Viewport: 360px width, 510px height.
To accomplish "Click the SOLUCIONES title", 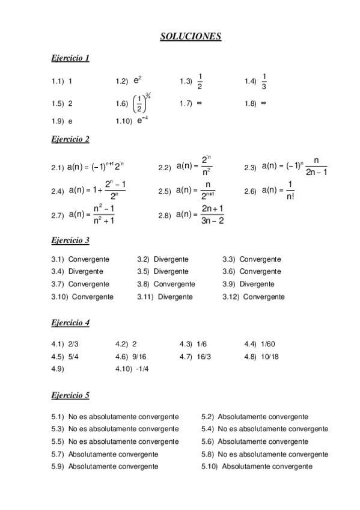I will coord(191,37).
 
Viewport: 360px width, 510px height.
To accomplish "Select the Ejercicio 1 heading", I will coord(70,58).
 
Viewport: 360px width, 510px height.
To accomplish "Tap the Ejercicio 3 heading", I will coord(70,241).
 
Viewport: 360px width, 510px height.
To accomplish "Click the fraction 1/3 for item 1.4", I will coord(264,80).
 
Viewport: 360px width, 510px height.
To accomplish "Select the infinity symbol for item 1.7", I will coord(199,103).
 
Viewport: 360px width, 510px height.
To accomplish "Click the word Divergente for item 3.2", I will coord(171,259).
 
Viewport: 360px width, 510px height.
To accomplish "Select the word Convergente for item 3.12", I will coord(264,296).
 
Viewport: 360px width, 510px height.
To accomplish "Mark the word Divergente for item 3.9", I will coord(257,284).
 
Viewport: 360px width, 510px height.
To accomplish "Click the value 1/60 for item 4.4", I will coord(268,344).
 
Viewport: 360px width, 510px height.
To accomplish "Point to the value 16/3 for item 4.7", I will coord(204,356).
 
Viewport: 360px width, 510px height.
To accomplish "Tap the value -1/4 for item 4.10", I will coord(142,369).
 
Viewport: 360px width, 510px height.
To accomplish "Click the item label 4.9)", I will coord(58,369).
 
